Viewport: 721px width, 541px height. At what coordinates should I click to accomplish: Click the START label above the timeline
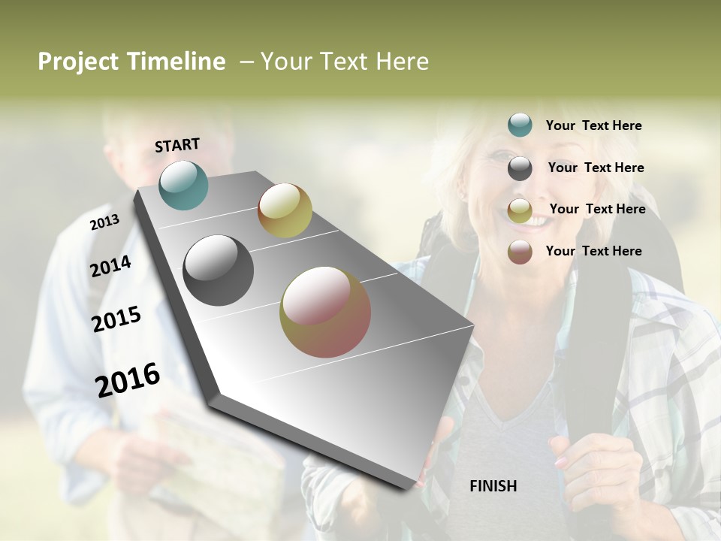[177, 145]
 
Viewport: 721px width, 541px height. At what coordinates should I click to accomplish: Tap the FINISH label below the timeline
[493, 486]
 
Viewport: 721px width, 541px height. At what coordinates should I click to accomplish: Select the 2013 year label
[104, 222]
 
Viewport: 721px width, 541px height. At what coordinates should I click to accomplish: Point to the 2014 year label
[110, 266]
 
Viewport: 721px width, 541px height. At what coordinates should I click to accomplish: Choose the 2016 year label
[128, 379]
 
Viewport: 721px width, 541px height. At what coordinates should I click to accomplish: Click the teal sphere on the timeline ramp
[183, 185]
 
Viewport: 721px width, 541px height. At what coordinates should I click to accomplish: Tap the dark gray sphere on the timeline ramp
[218, 270]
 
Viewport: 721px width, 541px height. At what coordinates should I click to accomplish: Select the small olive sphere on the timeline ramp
[285, 210]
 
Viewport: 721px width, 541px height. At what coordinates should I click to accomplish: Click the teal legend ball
[520, 125]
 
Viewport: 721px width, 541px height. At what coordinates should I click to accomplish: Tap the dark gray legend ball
[520, 168]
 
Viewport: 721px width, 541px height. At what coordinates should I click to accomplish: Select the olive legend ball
[520, 210]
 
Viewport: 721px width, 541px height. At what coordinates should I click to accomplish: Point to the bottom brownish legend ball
[520, 252]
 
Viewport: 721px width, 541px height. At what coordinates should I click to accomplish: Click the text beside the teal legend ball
[593, 126]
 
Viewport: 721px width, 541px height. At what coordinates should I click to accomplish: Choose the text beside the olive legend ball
[597, 209]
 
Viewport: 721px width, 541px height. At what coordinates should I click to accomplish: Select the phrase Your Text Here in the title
[345, 62]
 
